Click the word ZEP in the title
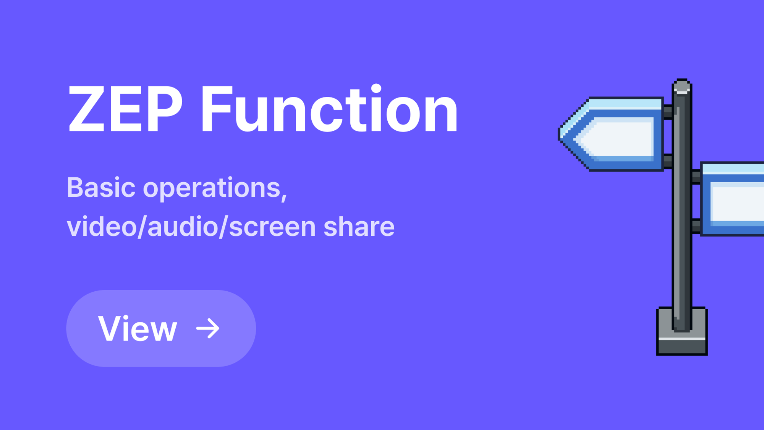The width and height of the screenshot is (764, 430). pyautogui.click(x=125, y=109)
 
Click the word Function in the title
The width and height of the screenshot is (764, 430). pyautogui.click(x=329, y=109)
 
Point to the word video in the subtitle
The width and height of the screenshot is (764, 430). pyautogui.click(x=102, y=227)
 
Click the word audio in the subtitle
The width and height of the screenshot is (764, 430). pyautogui.click(x=183, y=227)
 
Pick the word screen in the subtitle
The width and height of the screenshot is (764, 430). pyautogui.click(x=272, y=227)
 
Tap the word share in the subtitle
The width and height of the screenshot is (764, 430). pyautogui.click(x=359, y=227)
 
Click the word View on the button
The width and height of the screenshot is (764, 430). pyautogui.click(x=138, y=329)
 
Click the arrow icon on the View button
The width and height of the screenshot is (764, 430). pyautogui.click(x=208, y=328)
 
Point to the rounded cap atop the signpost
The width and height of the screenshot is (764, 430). pyautogui.click(x=682, y=86)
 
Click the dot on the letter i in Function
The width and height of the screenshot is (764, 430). pyautogui.click(x=376, y=88)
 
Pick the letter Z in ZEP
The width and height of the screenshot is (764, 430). pyautogui.click(x=86, y=109)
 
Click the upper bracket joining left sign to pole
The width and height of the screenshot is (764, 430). pyautogui.click(x=668, y=112)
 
